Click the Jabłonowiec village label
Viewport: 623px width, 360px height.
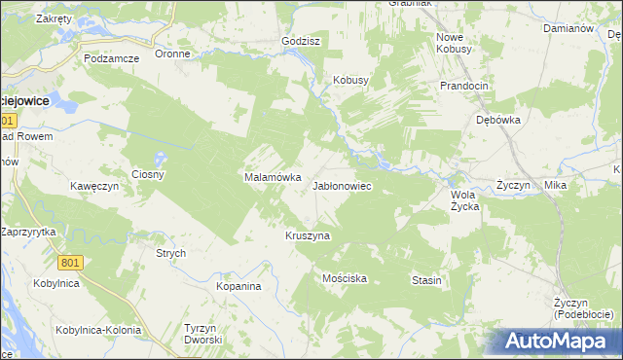[x=342, y=185]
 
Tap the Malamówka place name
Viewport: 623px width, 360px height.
[x=265, y=178]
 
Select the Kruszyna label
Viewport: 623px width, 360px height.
[x=308, y=235]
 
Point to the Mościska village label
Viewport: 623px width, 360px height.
[x=344, y=278]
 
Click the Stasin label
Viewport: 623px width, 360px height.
[x=426, y=280]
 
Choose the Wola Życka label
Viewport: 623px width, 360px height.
[x=464, y=199]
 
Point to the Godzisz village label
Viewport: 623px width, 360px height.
[x=301, y=42]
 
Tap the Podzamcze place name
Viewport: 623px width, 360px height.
[x=112, y=58]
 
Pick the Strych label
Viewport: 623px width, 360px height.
[x=171, y=253]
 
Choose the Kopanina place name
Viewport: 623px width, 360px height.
[x=239, y=287]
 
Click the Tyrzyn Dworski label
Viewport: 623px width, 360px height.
[x=204, y=334]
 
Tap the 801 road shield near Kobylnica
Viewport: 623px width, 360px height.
[x=70, y=263]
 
